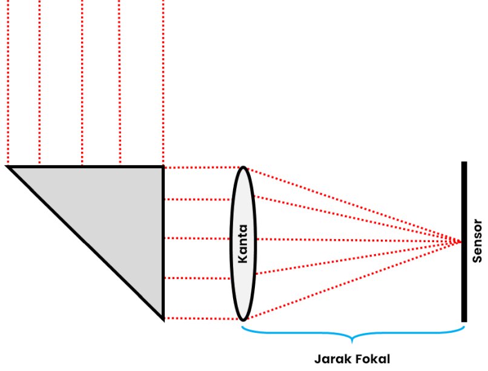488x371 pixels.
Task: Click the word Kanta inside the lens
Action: (x=243, y=244)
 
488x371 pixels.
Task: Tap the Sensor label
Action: (x=478, y=241)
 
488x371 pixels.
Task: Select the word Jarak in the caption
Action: (x=331, y=359)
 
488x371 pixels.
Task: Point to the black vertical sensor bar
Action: (x=464, y=241)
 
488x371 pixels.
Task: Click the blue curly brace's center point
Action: (x=352, y=337)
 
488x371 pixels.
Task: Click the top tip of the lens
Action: (x=243, y=167)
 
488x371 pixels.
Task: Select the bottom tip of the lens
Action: (x=243, y=320)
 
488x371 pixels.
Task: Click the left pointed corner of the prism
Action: (x=7, y=167)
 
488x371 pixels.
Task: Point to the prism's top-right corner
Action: (x=163, y=167)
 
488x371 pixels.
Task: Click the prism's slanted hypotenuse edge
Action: (x=85, y=243)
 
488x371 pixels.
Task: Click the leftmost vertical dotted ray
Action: (x=8, y=82)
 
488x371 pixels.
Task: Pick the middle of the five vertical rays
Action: (x=82, y=82)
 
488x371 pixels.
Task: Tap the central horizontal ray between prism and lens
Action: (x=197, y=238)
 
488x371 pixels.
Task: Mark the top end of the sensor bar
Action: (x=464, y=162)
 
